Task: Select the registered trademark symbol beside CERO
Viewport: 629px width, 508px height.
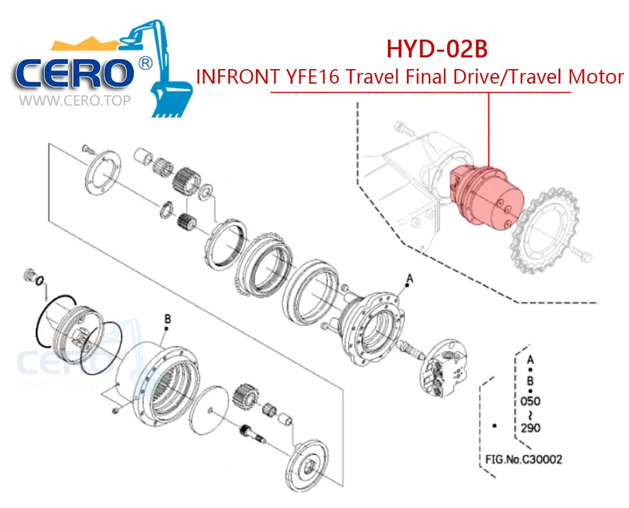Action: (x=145, y=64)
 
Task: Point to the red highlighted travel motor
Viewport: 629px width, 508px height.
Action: (x=487, y=195)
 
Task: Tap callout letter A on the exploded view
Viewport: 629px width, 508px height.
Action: (x=409, y=277)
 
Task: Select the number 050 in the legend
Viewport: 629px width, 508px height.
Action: (x=530, y=400)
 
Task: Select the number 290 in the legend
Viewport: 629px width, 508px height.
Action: (x=530, y=428)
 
